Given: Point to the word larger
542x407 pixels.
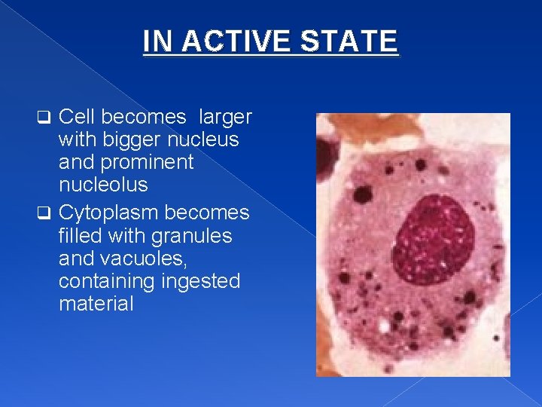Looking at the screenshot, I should tap(224, 117).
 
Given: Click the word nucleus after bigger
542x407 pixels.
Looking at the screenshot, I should tap(202, 139).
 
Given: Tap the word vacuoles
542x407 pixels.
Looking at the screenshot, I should tap(148, 259).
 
